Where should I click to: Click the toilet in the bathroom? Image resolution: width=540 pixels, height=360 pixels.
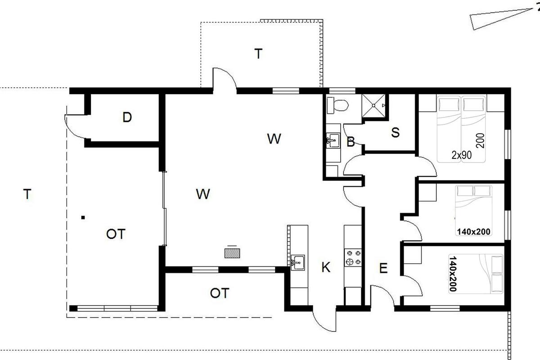click(337, 105)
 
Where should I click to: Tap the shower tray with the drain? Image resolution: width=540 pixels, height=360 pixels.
click(373, 105)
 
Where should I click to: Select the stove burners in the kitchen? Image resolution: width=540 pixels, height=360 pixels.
click(353, 257)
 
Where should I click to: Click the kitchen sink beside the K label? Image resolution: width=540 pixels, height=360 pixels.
click(298, 262)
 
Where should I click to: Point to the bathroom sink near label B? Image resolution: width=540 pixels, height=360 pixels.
click(333, 140)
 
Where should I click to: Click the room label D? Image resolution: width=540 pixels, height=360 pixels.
click(127, 117)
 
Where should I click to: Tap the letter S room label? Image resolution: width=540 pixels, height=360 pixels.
click(396, 132)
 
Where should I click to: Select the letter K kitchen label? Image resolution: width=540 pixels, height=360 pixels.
click(326, 267)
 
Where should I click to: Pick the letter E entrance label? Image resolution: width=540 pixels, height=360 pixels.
click(383, 268)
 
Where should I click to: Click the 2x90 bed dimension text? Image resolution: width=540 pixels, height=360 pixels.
click(461, 155)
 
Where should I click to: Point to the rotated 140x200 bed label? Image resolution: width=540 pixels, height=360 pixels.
click(453, 274)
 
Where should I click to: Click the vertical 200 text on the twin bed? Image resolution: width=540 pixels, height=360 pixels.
click(480, 140)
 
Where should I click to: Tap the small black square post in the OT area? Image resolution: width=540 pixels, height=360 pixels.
click(83, 217)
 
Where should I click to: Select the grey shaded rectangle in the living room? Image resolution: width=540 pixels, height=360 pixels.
click(232, 253)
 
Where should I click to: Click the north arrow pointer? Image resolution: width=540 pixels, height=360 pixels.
click(501, 19)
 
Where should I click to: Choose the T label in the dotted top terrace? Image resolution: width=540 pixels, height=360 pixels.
click(258, 54)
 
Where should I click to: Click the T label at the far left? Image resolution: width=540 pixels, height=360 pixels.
click(27, 194)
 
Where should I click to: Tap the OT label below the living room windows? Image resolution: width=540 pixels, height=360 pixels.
click(220, 293)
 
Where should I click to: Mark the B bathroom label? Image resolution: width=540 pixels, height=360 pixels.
click(351, 142)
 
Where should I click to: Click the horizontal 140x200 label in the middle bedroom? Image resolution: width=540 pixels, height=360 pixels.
click(474, 232)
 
